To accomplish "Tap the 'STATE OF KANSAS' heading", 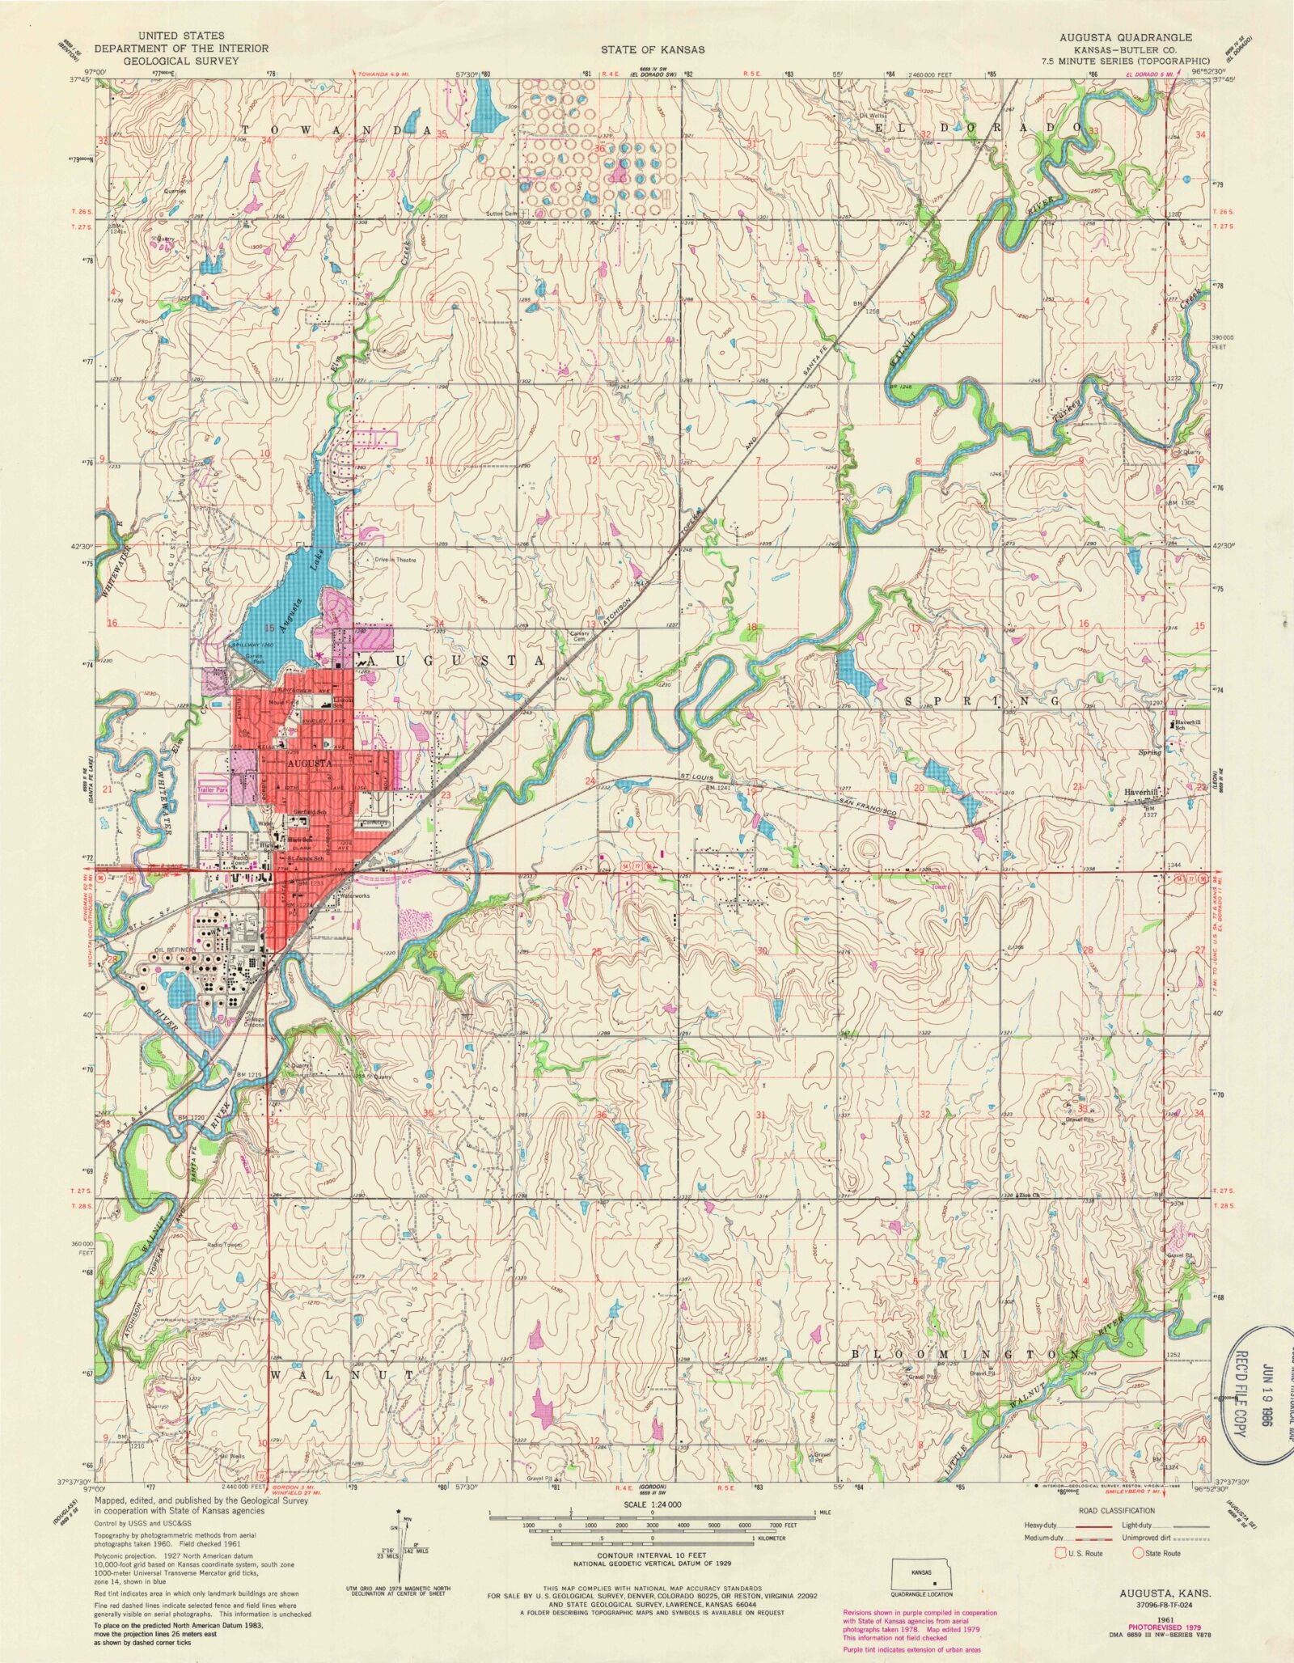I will coord(654,49).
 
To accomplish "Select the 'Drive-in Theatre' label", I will coord(394,560).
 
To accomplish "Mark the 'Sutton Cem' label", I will coord(501,214).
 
